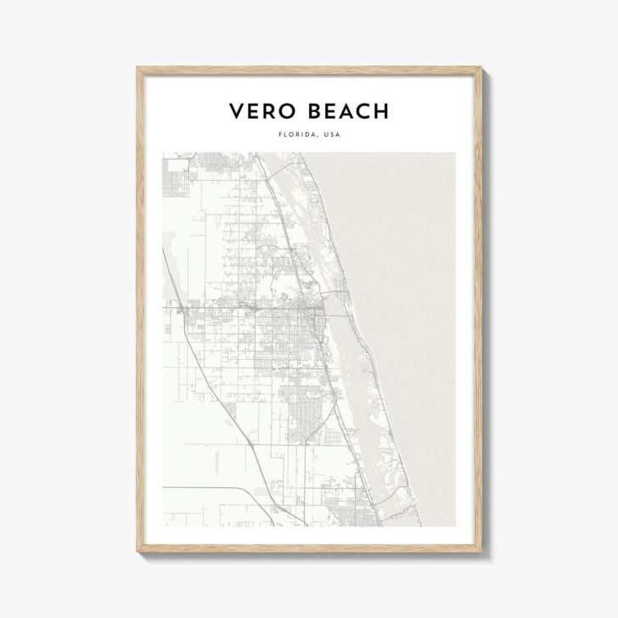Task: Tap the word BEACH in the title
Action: tap(346, 111)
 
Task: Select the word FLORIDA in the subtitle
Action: tap(292, 134)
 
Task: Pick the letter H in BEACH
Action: tap(381, 111)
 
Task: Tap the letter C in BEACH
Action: tap(363, 111)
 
